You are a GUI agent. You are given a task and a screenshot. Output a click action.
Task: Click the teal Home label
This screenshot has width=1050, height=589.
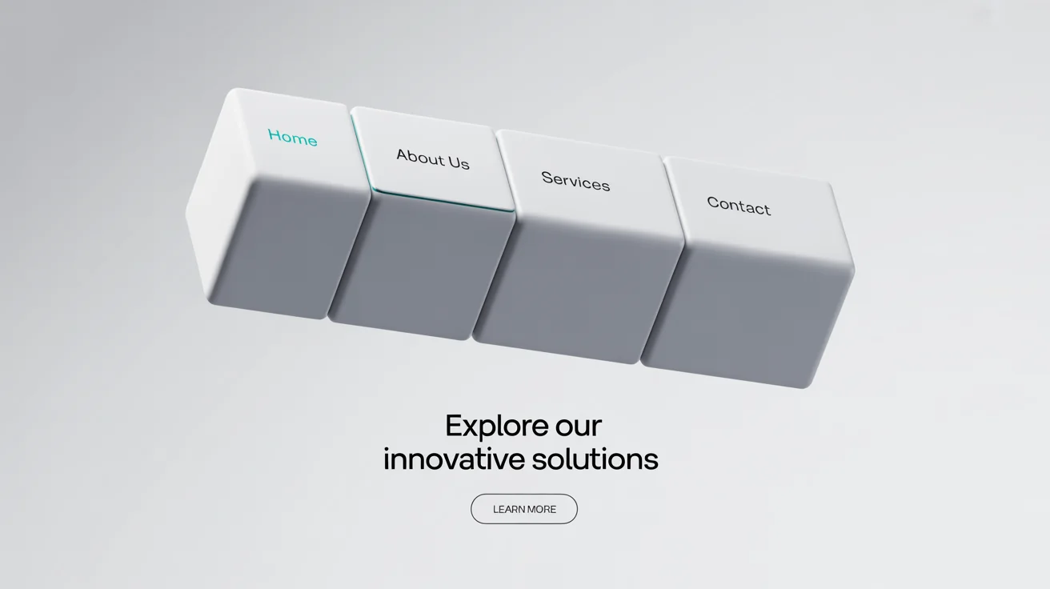point(292,138)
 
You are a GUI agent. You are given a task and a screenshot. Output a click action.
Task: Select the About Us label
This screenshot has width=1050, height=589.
point(433,158)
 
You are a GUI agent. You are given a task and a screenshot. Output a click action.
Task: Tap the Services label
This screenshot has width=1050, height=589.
point(575,182)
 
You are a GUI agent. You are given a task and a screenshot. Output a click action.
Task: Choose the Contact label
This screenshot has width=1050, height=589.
point(739,206)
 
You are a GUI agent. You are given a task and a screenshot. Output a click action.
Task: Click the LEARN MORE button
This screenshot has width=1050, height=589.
point(524,509)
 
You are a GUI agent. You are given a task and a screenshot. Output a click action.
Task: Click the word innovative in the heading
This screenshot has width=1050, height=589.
point(454,459)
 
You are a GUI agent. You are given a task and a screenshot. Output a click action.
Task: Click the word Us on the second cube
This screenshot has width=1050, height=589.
point(459,162)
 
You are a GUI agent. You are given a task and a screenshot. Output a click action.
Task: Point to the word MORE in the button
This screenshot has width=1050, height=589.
point(541,509)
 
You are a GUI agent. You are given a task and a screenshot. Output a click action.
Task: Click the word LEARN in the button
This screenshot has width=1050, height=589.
point(508,509)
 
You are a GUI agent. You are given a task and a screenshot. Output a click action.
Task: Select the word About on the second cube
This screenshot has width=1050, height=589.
point(420,156)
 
